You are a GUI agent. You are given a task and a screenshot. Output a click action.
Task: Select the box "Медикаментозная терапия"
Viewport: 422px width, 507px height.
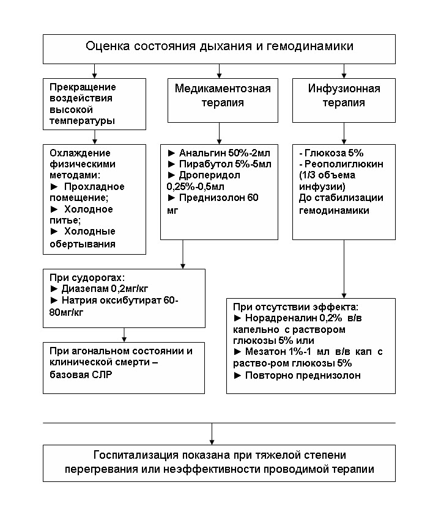[223, 96]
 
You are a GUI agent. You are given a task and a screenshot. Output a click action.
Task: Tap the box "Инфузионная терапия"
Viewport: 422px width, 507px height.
[343, 96]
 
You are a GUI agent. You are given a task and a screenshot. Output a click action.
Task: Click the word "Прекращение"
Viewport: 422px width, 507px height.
[78, 87]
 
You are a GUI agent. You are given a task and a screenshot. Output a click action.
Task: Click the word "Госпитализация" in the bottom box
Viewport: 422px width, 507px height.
[132, 456]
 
